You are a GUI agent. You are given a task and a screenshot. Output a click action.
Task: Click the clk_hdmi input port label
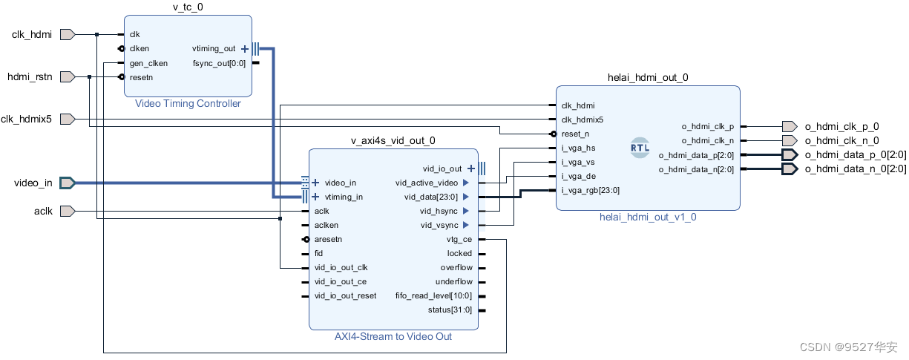pos(32,34)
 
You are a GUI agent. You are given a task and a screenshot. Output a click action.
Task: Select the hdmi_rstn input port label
pos(30,76)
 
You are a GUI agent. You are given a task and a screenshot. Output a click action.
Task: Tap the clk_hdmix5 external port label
pos(27,119)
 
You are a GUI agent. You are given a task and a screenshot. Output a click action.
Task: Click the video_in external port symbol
pos(67,183)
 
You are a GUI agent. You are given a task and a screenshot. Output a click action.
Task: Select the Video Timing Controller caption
pos(188,103)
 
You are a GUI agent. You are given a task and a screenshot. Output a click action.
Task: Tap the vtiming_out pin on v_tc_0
pos(214,49)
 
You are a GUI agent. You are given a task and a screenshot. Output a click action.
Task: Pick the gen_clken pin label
pos(148,63)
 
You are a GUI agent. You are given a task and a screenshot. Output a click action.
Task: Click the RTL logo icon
pos(640,147)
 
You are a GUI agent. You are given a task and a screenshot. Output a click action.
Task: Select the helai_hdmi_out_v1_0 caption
pos(648,217)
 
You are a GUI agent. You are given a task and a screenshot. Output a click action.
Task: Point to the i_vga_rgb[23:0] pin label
pos(591,190)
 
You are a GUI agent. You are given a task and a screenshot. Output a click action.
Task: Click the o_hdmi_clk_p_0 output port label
pos(841,127)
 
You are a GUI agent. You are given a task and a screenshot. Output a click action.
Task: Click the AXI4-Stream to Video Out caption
pos(393,336)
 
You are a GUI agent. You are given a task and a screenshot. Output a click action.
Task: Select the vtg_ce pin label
pos(459,239)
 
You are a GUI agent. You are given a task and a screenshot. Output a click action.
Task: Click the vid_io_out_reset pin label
pos(345,295)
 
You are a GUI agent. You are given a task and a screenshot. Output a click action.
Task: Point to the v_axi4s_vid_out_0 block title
pos(393,140)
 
